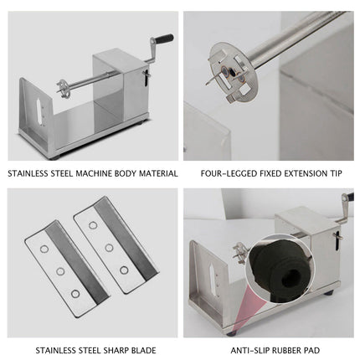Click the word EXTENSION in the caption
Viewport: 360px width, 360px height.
[x=309, y=174]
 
